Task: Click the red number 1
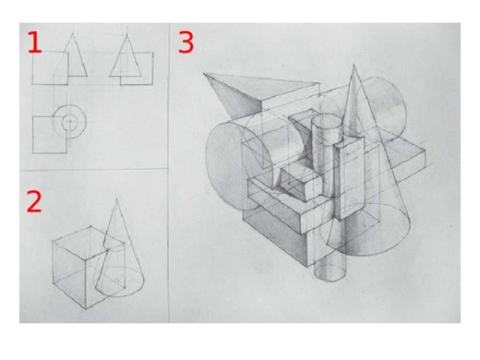34,42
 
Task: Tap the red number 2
34,201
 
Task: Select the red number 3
186,42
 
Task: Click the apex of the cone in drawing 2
117,198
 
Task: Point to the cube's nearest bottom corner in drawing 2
86,309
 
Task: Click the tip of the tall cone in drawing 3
354,64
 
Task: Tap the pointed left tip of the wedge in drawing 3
204,73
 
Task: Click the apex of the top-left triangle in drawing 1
73,33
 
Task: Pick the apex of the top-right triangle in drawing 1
127,34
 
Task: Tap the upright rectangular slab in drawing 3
350,178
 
